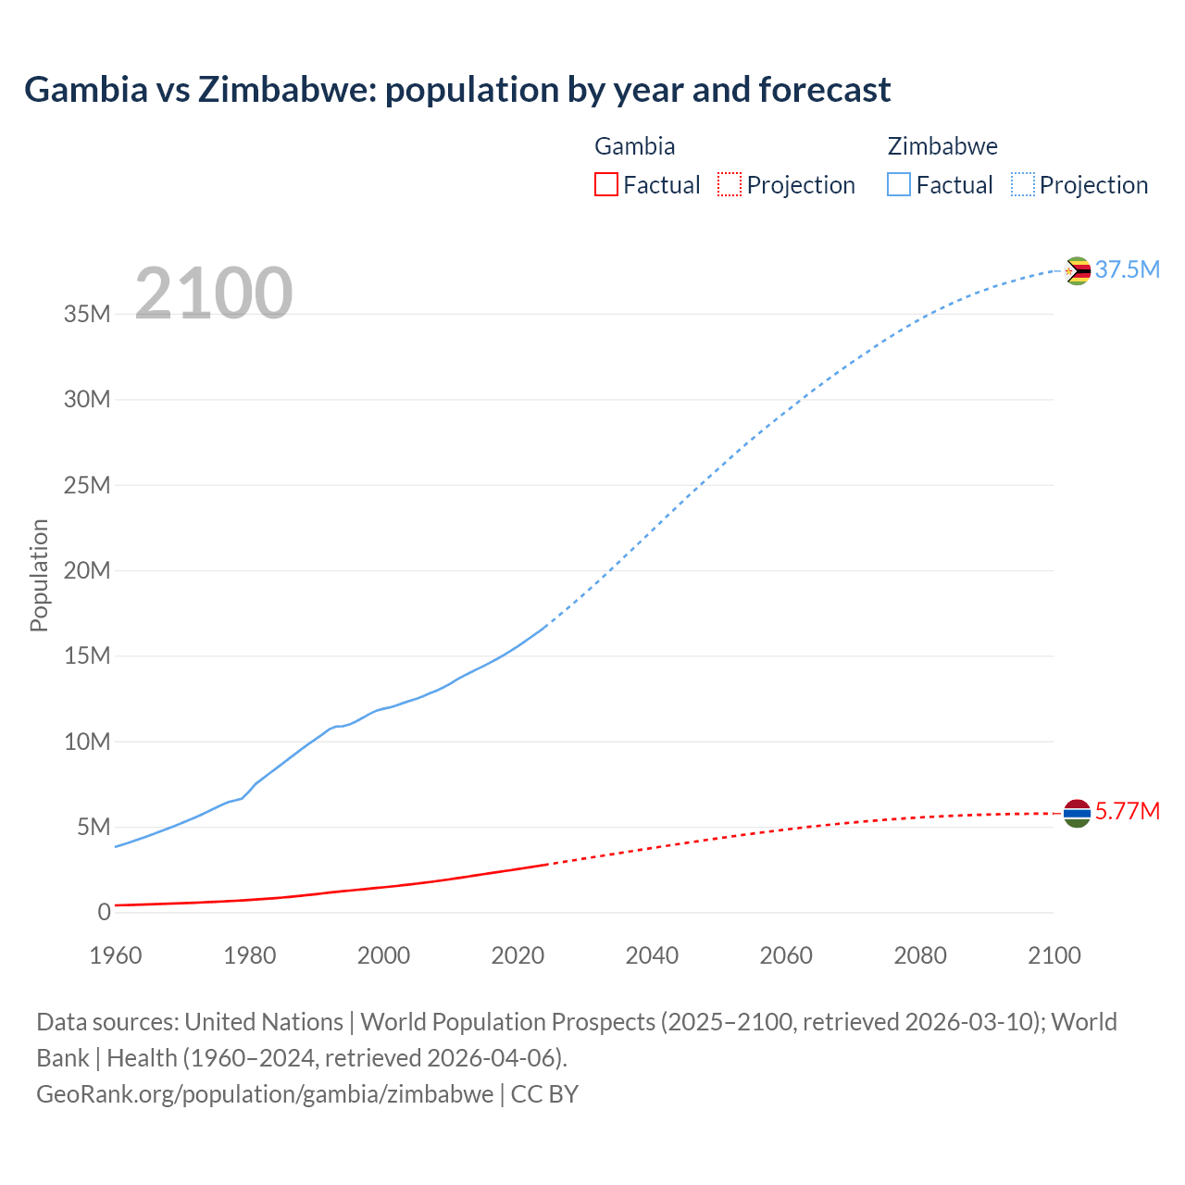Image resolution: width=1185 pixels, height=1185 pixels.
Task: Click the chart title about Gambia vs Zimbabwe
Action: click(457, 90)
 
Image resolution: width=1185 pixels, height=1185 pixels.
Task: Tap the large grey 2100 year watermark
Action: click(214, 293)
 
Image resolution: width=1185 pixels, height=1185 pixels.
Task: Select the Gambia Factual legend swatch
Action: click(605, 184)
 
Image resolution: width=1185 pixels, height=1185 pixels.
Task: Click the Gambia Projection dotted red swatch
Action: click(730, 184)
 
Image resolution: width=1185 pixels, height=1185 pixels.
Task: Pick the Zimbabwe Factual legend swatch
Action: click(899, 184)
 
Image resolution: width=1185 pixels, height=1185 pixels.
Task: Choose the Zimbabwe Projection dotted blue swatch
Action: click(1023, 184)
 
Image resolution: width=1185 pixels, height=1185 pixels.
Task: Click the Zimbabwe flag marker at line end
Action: click(1077, 270)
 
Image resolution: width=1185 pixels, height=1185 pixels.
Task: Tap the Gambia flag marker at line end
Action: click(1077, 813)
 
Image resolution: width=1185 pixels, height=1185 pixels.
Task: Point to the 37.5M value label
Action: click(1127, 269)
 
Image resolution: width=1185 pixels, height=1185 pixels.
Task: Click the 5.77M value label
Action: click(1127, 812)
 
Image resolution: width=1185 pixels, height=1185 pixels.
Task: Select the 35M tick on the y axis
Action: click(87, 314)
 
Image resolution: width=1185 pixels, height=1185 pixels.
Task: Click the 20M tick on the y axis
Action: click(87, 570)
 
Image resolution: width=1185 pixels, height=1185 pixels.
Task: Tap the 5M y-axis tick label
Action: click(93, 827)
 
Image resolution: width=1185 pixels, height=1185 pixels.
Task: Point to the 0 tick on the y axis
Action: click(104, 912)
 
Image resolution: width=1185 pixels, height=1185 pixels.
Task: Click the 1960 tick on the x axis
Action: click(116, 955)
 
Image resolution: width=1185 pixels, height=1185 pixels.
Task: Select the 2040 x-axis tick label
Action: click(652, 955)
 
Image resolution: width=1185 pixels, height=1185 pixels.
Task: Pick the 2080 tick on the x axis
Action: click(920, 955)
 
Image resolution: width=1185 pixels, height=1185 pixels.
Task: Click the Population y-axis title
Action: click(39, 575)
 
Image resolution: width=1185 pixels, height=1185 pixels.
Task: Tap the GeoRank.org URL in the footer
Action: click(265, 1094)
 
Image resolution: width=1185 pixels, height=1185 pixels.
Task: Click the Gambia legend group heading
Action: click(634, 146)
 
